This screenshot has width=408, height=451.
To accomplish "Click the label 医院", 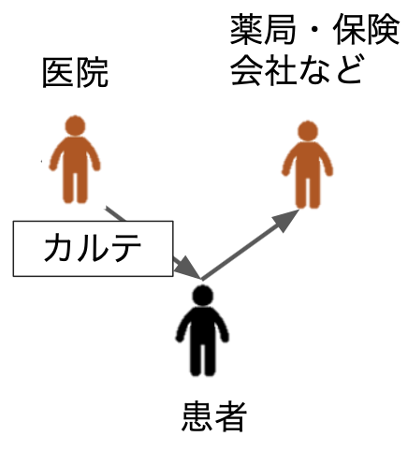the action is pos(75,73).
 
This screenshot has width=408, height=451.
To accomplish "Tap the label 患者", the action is pos(214,416).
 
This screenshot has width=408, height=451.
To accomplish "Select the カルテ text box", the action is pos(93,249).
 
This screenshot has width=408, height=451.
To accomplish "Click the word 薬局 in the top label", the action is pos(263,29).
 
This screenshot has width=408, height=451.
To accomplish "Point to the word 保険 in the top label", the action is pos(366,29).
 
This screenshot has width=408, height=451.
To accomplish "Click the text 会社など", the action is pos(297,69).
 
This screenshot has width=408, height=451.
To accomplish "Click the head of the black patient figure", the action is pos(203,296).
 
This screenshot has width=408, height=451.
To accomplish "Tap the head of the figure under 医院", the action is pos(75,125).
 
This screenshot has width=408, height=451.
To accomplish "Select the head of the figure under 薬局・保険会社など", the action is pos(308,131).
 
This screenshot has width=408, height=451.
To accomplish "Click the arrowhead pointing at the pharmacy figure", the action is pos(284,219).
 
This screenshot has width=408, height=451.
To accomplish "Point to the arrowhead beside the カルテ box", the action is pos(185,268).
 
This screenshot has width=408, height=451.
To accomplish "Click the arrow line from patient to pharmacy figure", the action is pos(250,244).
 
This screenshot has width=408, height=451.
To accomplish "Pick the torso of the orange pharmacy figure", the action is pos(308,160).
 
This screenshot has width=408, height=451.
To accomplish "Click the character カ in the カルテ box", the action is pos(58,247).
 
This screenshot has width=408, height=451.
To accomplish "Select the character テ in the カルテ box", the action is pos(125,247).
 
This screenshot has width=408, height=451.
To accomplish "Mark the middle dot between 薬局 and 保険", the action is pos(314,30).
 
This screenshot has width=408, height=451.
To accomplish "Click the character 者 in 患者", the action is pos(231,416).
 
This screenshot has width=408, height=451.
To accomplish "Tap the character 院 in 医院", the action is pos(92,73).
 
